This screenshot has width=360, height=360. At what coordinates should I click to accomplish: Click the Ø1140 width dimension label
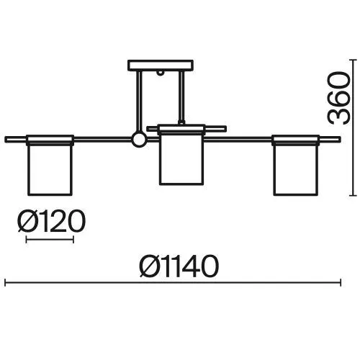coord(179,266)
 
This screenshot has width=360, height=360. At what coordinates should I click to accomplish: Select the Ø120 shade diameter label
coord(52,221)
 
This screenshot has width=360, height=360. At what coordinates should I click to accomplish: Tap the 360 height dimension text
coord(338,98)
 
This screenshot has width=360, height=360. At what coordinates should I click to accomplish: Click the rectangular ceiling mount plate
coord(161,66)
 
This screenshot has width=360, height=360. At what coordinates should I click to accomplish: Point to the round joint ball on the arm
coord(139,140)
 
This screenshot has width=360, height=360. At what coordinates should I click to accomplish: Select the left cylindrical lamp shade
coord(50,170)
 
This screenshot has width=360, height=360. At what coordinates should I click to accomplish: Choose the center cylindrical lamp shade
coord(181,159)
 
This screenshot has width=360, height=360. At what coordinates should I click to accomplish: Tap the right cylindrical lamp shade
coord(296,170)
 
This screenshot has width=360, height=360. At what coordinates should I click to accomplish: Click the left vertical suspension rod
coord(139,102)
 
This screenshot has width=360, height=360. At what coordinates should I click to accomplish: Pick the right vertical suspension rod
coord(181,97)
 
